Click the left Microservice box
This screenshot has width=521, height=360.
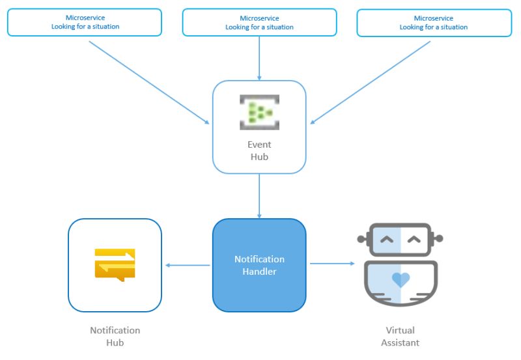click(85, 22)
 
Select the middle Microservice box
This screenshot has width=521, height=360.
click(259, 22)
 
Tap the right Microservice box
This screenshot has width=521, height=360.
click(434, 22)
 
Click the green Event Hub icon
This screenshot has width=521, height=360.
click(259, 111)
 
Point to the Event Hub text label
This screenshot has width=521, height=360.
click(259, 150)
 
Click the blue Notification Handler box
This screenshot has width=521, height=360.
click(259, 265)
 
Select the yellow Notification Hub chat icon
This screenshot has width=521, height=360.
click(115, 264)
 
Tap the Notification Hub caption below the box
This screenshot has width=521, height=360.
click(115, 336)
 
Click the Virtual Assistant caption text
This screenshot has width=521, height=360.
click(400, 336)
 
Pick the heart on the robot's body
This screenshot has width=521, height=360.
click(401, 280)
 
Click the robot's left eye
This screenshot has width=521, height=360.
click(387, 240)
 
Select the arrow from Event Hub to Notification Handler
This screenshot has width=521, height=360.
click(259, 195)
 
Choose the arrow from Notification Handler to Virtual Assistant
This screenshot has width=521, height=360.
click(332, 264)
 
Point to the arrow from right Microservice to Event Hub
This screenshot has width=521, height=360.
click(371, 82)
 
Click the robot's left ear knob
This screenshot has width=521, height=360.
click(361, 238)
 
